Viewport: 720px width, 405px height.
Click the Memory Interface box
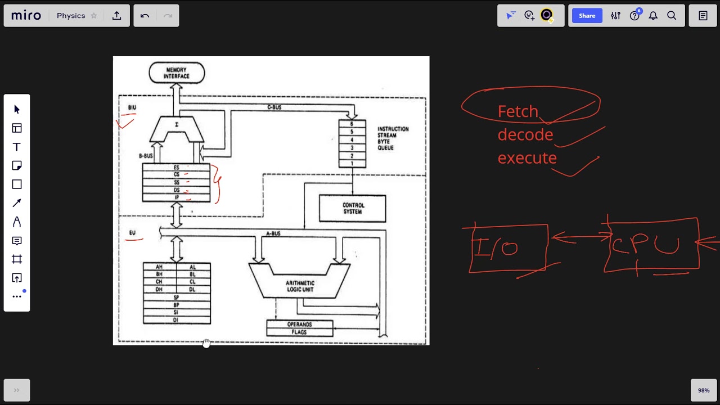pyautogui.click(x=177, y=73)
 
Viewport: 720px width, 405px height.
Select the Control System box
pyautogui.click(x=353, y=208)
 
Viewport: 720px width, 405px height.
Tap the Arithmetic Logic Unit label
pyautogui.click(x=300, y=286)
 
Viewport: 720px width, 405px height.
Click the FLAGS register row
pyautogui.click(x=299, y=332)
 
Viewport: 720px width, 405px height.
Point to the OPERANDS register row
pyautogui.click(x=299, y=325)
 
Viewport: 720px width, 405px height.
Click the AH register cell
pyautogui.click(x=160, y=267)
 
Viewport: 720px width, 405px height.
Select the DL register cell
pyautogui.click(x=193, y=290)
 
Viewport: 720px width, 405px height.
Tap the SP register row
pyautogui.click(x=177, y=298)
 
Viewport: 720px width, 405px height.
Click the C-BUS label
pyautogui.click(x=274, y=107)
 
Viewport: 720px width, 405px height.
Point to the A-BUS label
pyautogui.click(x=273, y=233)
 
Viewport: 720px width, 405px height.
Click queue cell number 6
pyautogui.click(x=352, y=124)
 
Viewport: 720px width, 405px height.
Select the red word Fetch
pyautogui.click(x=517, y=111)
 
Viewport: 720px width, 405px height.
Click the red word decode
pyautogui.click(x=525, y=135)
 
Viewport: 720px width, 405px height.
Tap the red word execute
pyautogui.click(x=527, y=158)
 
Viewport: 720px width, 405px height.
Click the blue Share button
pyautogui.click(x=587, y=16)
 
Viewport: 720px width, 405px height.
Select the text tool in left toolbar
pyautogui.click(x=17, y=147)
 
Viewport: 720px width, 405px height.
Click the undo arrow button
pyautogui.click(x=145, y=16)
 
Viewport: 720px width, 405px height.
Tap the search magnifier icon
pyautogui.click(x=672, y=16)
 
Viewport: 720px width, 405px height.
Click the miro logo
pyautogui.click(x=26, y=16)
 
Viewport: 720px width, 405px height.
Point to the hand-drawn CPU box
pyautogui.click(x=651, y=245)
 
